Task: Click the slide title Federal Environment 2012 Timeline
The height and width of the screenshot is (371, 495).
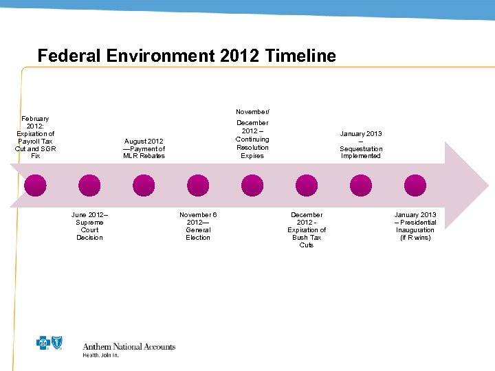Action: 186,56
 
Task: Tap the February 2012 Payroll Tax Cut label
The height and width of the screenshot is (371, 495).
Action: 35,137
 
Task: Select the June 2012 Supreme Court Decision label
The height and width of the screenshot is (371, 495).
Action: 89,226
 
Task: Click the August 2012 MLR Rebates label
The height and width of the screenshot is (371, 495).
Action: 144,148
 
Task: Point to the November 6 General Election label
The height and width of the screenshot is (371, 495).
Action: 198,226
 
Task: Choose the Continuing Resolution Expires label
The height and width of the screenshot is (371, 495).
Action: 252,135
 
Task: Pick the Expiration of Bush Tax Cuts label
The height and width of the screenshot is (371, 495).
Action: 307,230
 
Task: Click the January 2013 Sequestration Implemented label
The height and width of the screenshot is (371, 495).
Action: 361,145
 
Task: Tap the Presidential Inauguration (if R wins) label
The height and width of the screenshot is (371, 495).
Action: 415,226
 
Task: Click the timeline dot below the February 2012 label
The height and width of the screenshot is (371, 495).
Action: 35,185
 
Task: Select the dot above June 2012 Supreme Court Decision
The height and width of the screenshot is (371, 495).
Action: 89,185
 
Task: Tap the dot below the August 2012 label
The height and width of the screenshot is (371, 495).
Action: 144,185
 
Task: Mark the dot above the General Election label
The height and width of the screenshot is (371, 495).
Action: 198,185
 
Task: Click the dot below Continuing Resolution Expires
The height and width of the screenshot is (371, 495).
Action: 252,185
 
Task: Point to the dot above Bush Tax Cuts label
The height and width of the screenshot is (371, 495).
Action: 307,185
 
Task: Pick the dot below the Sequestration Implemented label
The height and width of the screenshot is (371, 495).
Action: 361,185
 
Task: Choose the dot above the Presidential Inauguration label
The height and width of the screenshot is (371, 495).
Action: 415,185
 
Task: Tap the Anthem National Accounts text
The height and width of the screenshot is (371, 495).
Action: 129,347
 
